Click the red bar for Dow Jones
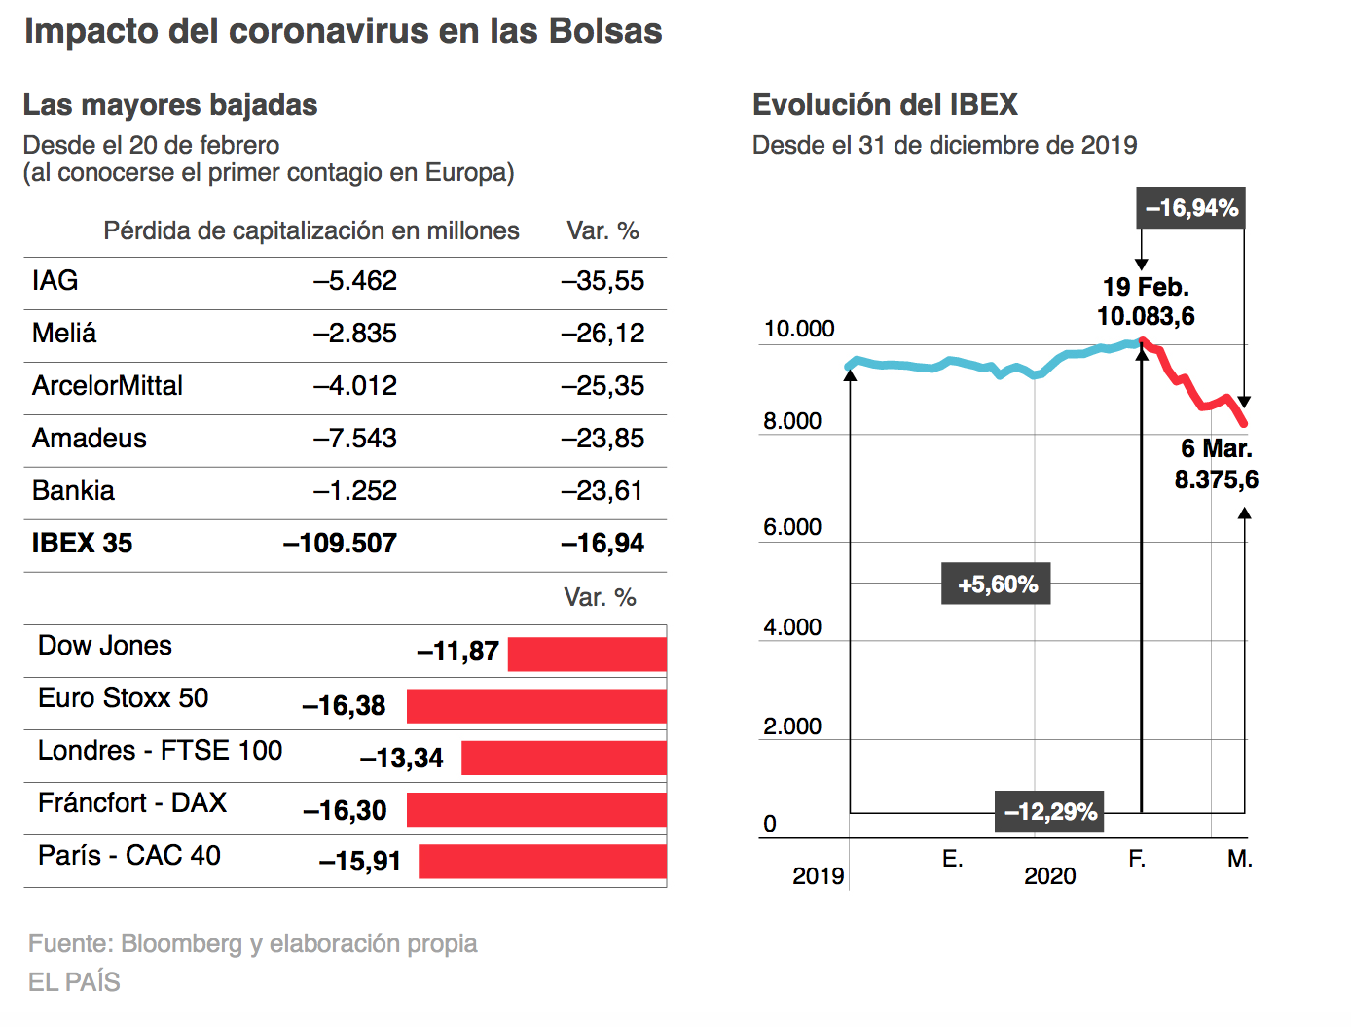click(x=587, y=654)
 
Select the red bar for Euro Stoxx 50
click(x=536, y=706)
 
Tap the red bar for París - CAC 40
click(x=542, y=861)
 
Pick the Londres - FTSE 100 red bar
click(x=564, y=758)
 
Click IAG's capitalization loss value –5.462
click(x=355, y=281)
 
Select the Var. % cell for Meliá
click(x=602, y=334)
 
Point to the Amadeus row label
click(x=90, y=439)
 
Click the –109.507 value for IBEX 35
click(x=340, y=543)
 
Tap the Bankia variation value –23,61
click(x=602, y=491)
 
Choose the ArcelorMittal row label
click(x=107, y=385)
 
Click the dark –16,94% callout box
click(x=1190, y=208)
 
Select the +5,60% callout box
click(x=996, y=584)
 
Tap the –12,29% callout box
click(x=1049, y=812)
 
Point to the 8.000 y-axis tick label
click(x=792, y=421)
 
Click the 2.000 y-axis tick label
click(x=792, y=726)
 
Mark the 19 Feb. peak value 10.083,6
click(x=1146, y=316)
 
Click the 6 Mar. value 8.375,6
click(x=1217, y=479)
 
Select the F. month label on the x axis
click(x=1136, y=858)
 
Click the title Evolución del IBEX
click(x=885, y=104)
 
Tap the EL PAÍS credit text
click(x=75, y=981)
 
